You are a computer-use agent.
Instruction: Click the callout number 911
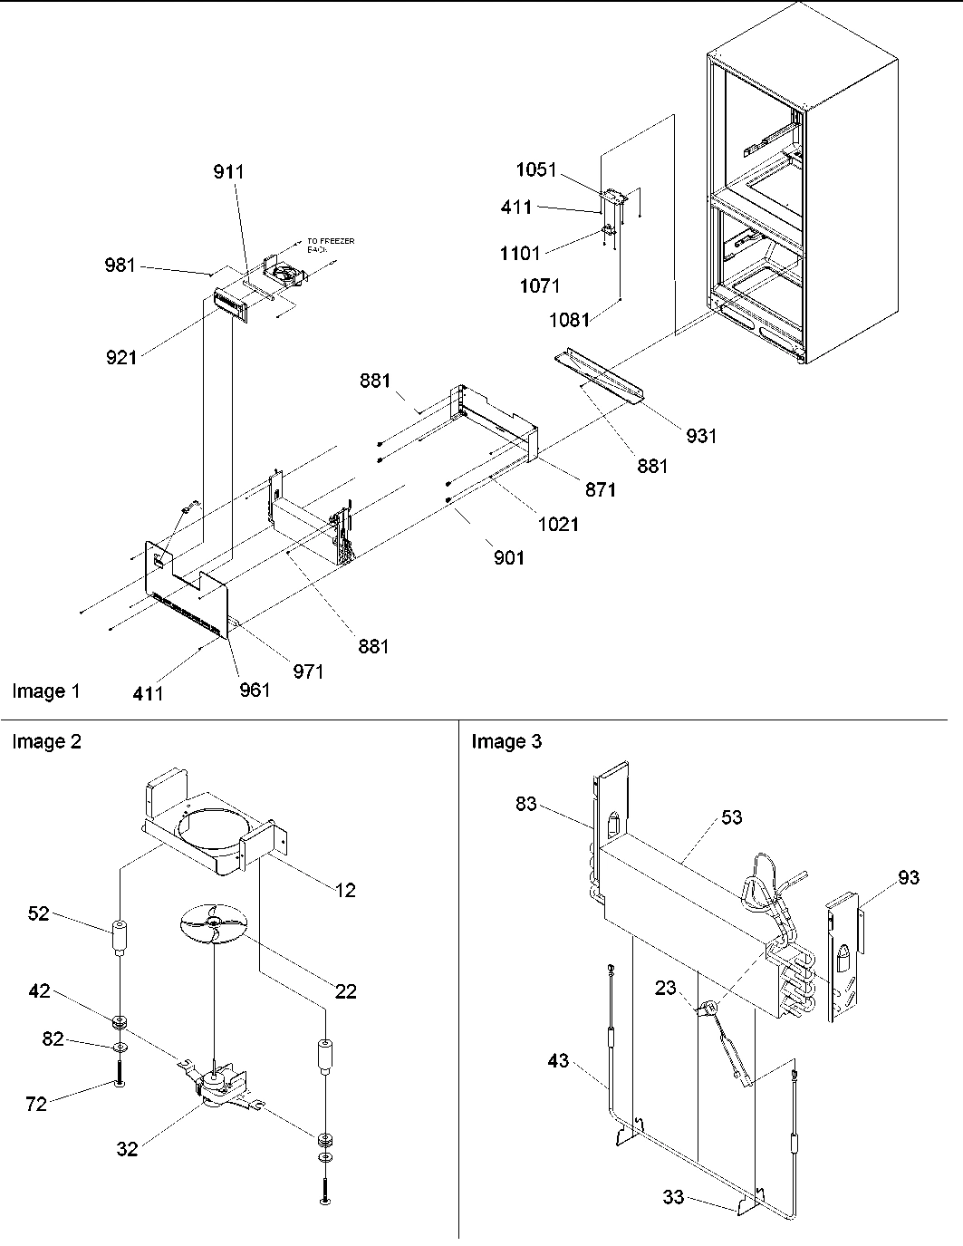[228, 172]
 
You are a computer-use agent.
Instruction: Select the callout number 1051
[536, 170]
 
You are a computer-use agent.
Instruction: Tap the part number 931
[701, 436]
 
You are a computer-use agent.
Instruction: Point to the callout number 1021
[557, 524]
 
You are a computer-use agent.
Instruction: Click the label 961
[255, 690]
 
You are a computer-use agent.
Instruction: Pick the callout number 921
[120, 357]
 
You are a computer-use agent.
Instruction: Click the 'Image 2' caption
[46, 742]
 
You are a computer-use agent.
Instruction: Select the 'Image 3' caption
[506, 742]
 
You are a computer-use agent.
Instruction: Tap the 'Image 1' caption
[46, 691]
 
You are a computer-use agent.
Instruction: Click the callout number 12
[343, 890]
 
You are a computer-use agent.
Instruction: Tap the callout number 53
[731, 817]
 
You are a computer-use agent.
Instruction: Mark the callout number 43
[558, 1059]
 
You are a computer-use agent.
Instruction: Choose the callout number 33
[673, 1198]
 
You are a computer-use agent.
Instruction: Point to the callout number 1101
[519, 254]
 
